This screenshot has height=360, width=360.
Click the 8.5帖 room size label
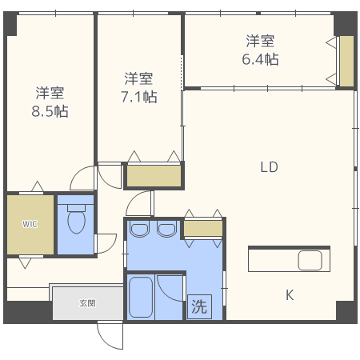coord(50,111)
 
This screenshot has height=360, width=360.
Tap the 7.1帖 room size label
coord(139,97)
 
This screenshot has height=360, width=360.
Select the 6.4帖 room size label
coord(260,59)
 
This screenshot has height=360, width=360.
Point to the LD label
coord(269,167)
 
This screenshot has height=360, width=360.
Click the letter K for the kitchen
coord(290,295)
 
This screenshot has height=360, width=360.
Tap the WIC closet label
coord(30,224)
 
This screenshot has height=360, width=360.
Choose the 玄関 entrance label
coord(87,303)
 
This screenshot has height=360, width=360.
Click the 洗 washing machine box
coord(199,306)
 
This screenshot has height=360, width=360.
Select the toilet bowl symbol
coord(77,218)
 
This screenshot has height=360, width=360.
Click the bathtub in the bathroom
coord(141,297)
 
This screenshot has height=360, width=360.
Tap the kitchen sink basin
coord(310,261)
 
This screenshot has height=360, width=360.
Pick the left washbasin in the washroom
coord(139,230)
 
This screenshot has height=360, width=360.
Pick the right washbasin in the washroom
coord(166,230)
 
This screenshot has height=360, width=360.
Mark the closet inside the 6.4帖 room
coord(346,62)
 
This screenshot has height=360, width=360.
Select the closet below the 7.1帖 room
coord(154,176)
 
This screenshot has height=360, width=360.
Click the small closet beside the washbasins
coord(203,228)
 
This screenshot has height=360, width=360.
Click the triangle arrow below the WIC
coord(25,263)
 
